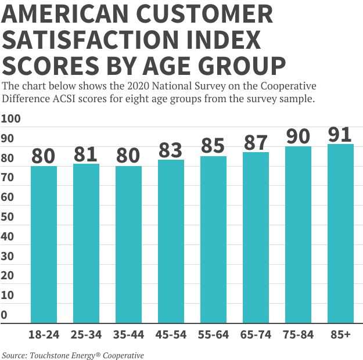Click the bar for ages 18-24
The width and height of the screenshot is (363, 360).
(44, 244)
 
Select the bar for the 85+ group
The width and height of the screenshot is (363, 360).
(340, 232)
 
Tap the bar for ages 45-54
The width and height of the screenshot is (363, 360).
(171, 241)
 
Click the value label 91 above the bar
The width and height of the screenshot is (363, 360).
(340, 134)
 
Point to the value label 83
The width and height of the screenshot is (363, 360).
(171, 150)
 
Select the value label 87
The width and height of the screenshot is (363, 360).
(256, 142)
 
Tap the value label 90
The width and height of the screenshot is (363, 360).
(299, 136)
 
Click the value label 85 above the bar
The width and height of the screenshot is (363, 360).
(213, 146)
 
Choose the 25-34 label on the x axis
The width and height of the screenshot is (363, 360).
(86, 335)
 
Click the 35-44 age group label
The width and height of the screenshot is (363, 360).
(128, 335)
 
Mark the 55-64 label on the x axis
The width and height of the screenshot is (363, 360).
(213, 335)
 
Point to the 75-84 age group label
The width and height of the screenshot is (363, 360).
(299, 335)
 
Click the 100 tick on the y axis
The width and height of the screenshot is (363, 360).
(10, 119)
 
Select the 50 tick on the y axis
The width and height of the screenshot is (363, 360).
(8, 217)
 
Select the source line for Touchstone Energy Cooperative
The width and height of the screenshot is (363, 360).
(73, 355)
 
